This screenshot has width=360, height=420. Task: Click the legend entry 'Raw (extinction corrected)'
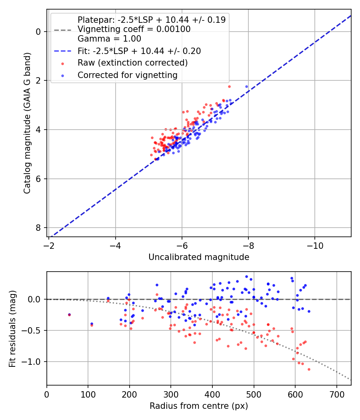coord(132,63)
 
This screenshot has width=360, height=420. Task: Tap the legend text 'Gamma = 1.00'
coord(109,39)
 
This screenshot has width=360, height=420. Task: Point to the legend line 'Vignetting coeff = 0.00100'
coord(134,29)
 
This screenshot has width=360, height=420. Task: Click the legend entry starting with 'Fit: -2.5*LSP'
coord(139,51)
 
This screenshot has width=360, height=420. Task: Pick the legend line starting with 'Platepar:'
coord(151,20)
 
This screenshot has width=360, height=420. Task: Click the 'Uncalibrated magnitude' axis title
coord(199,257)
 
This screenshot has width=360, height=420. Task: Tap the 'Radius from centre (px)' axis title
coord(199,406)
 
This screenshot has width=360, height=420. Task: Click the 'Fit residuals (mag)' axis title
coord(12,328)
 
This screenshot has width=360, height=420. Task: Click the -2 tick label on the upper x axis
coord(49,244)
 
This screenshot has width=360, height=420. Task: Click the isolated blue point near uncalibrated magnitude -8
coord(246,86)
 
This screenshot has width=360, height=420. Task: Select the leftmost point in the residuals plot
coord(69,315)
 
